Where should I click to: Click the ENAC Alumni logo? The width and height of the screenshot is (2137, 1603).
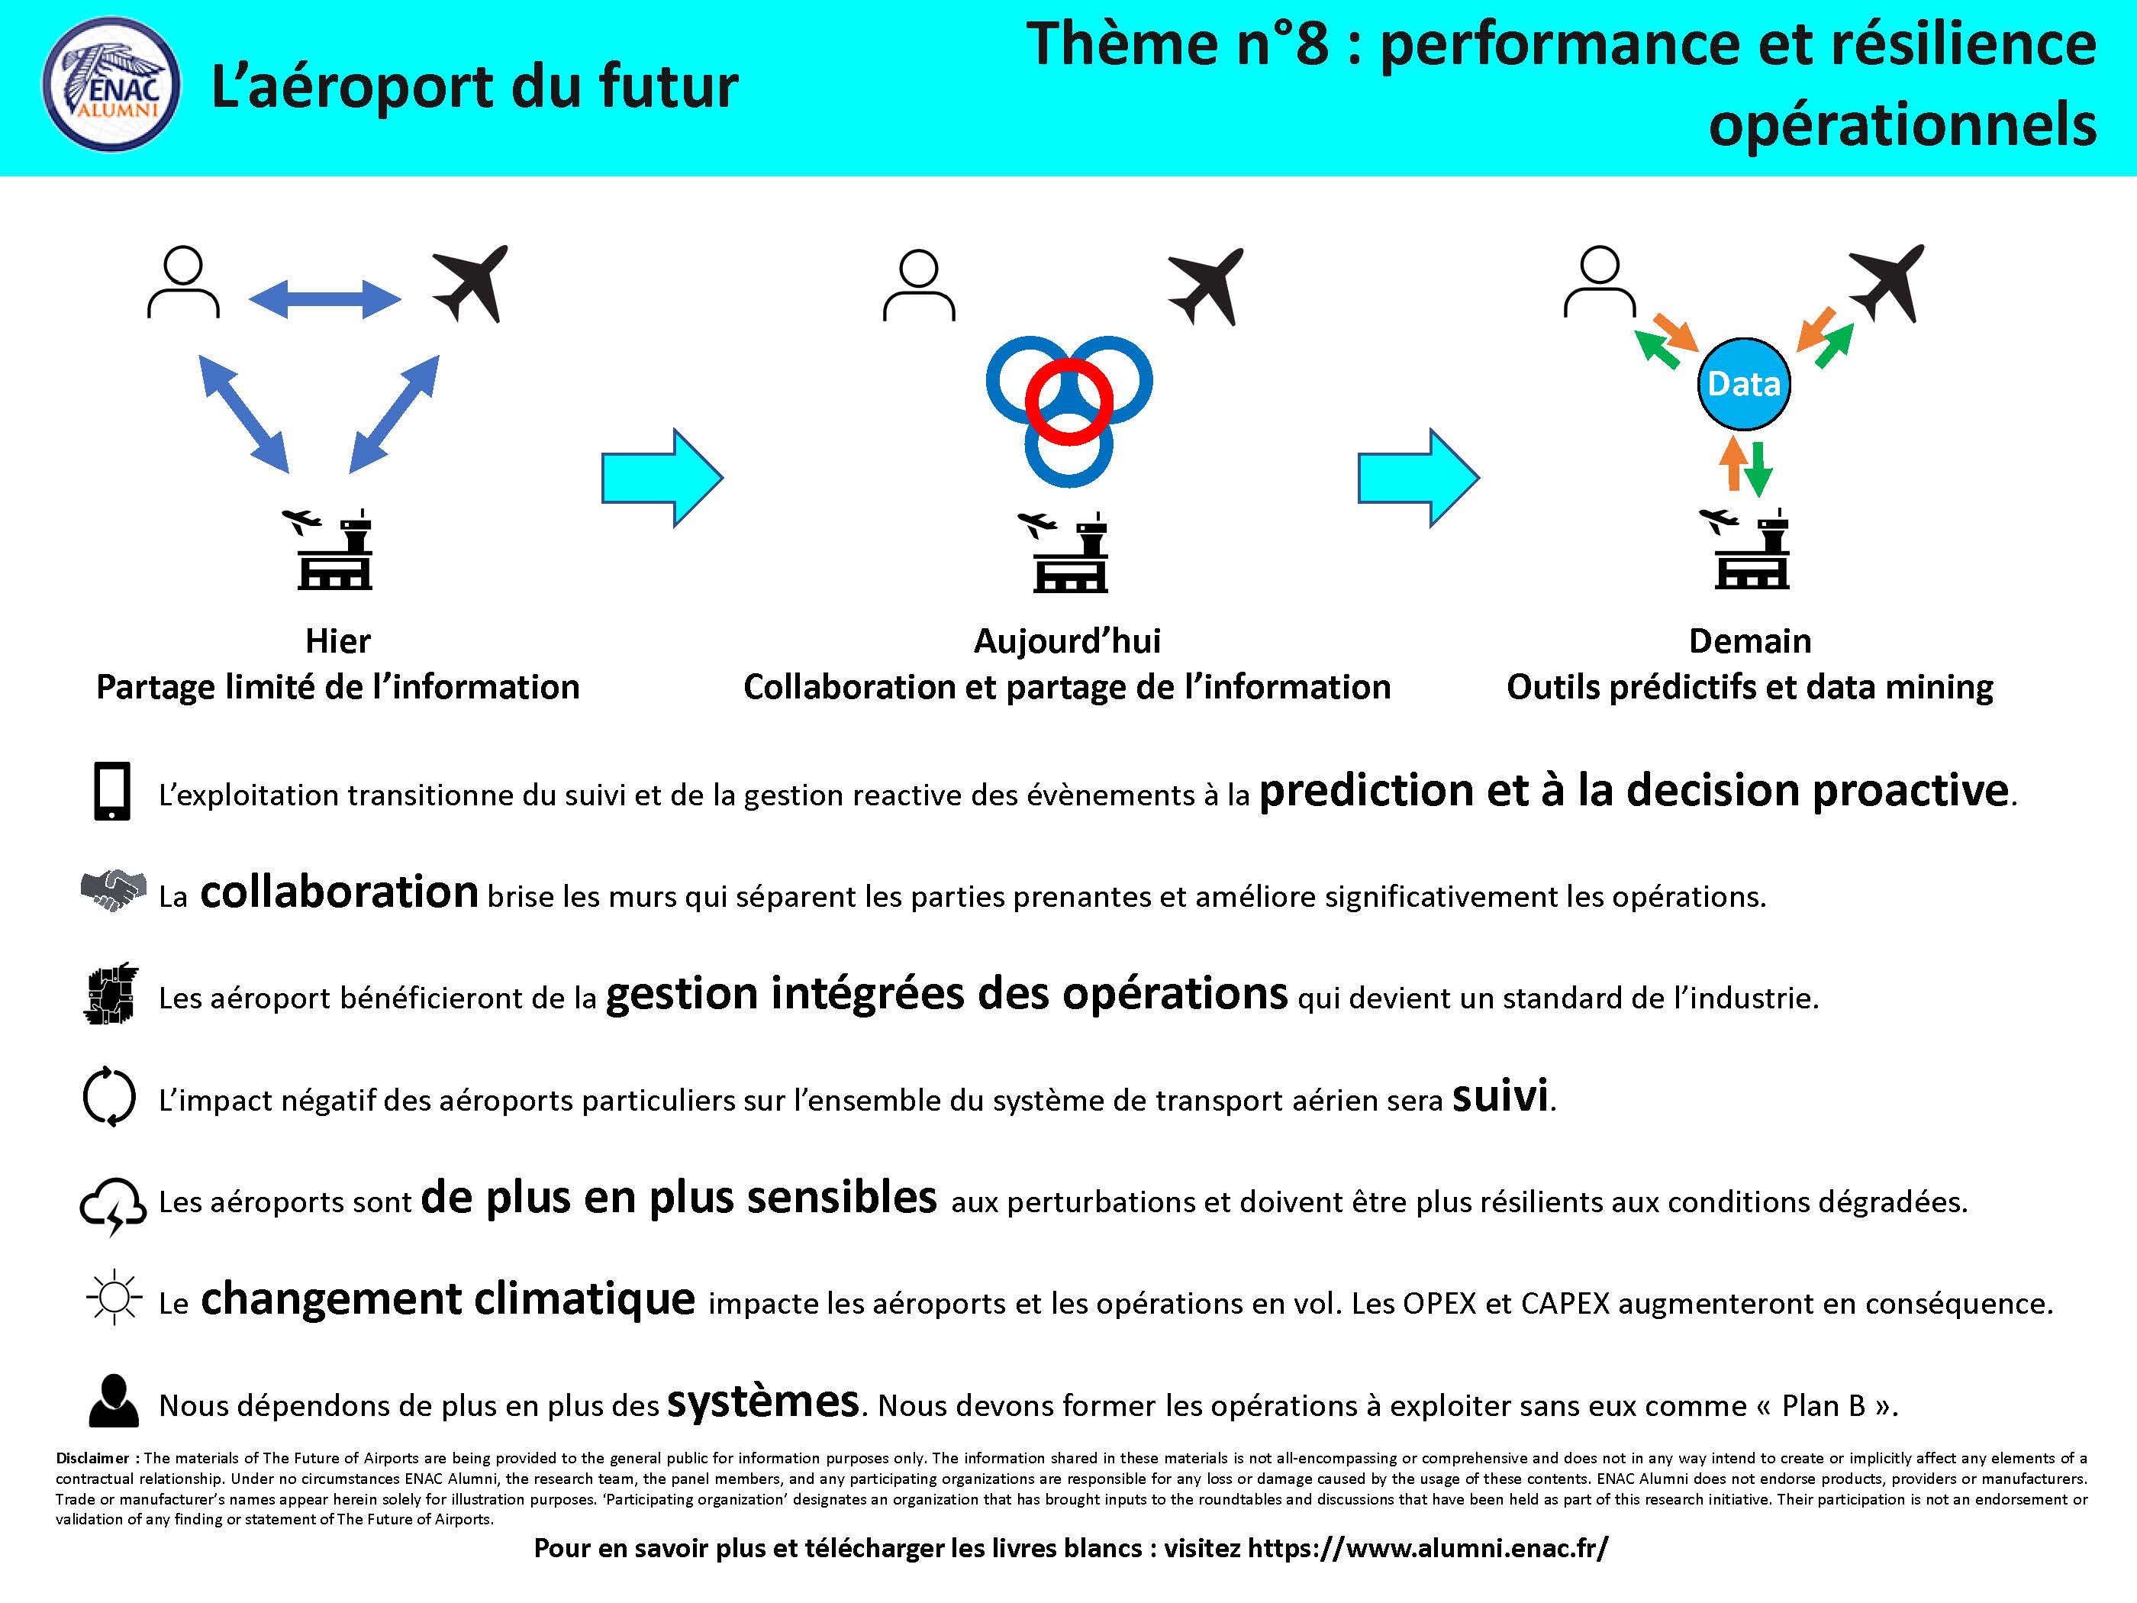[111, 85]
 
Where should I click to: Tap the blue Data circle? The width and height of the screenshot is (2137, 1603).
[1744, 385]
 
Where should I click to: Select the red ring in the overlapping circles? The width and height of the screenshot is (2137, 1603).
[1068, 400]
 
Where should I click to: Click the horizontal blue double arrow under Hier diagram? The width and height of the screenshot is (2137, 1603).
[324, 298]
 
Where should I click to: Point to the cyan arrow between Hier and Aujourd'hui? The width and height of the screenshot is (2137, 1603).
[662, 477]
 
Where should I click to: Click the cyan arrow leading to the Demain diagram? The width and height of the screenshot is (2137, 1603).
[1418, 477]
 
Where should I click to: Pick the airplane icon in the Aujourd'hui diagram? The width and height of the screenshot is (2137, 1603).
[1206, 287]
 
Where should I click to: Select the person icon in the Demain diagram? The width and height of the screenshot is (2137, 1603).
[1600, 282]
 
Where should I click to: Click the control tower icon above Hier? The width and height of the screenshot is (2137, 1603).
[327, 549]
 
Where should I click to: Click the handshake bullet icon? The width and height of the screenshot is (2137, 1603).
[113, 890]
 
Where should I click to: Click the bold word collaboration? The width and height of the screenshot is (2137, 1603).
[339, 891]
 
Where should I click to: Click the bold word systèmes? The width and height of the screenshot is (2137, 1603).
[763, 1401]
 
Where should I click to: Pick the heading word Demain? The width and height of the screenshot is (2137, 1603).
[1749, 640]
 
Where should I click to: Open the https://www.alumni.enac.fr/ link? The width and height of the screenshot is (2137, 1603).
[1428, 1548]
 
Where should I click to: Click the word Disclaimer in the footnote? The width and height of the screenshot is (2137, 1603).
[93, 1458]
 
